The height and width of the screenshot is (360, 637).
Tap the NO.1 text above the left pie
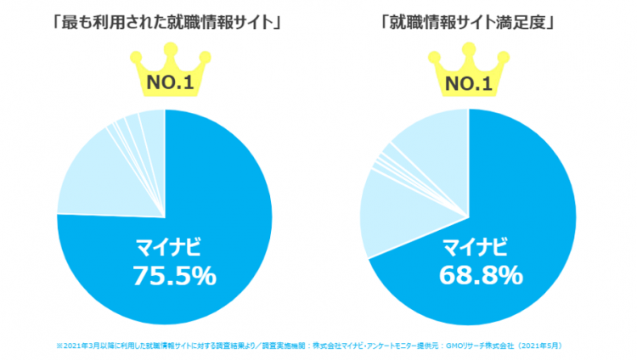(x=166, y=84)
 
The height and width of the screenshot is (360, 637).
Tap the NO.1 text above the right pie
(x=469, y=84)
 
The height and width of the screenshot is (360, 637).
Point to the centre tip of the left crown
(x=166, y=53)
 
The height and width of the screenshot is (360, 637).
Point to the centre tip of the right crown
(x=469, y=53)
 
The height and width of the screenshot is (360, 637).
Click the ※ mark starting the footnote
(x=59, y=346)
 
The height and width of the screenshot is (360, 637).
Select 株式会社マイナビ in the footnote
(x=336, y=346)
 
